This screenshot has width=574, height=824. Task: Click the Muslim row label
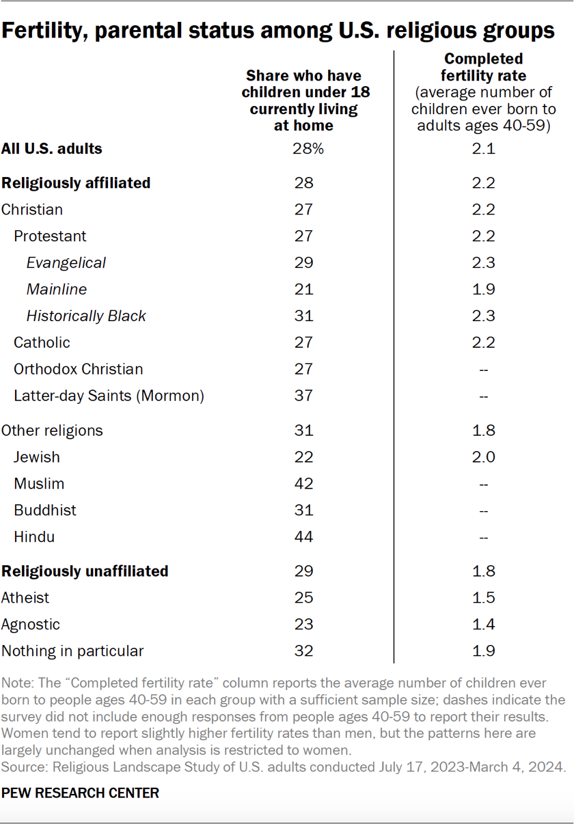(39, 484)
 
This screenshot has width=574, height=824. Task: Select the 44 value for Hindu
(303, 537)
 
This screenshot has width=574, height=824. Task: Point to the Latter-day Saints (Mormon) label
(109, 396)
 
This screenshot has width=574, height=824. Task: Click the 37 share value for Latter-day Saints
(303, 396)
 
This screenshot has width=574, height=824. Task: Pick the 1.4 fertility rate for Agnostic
(484, 624)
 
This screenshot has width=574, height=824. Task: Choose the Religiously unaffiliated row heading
(85, 571)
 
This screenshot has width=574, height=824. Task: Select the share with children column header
(303, 100)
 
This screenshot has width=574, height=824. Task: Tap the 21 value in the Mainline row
(303, 289)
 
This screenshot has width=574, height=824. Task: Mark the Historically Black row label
(86, 316)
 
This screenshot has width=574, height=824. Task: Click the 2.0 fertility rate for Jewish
(484, 457)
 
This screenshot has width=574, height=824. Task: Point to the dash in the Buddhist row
(484, 511)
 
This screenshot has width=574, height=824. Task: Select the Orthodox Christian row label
(79, 369)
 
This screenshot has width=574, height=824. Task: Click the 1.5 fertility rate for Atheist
(484, 598)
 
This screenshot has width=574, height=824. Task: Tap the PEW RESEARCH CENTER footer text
(80, 793)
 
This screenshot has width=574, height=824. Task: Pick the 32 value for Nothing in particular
(303, 651)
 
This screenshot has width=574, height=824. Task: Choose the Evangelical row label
(66, 263)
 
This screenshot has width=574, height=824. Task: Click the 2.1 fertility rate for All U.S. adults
(484, 148)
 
